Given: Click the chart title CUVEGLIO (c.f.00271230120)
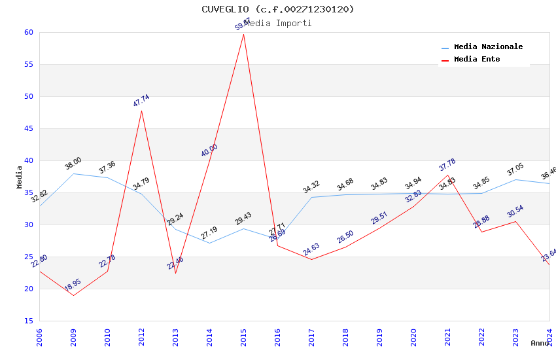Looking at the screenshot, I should point(278,9).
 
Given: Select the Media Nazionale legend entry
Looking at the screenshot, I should point(488,47).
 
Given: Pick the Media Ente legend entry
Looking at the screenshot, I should point(477,60).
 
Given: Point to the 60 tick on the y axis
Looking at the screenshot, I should point(27,32).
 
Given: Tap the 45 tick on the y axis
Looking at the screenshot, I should point(27,128).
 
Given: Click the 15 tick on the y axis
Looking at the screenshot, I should point(27,321).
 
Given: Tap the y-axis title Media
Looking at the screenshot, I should point(20,177).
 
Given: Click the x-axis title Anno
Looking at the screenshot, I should point(540,343).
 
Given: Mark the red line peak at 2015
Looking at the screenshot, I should point(243,33).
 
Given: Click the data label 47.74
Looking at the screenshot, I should point(141,101).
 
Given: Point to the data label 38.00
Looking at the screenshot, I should point(73,164).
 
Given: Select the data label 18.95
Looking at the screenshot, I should point(73,285).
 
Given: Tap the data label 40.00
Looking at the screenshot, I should point(209,151).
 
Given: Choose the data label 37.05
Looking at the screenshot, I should point(515,170).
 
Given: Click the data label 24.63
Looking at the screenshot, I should point(311,249).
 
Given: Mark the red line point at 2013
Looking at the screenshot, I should point(175,273).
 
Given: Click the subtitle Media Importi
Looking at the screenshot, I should point(278,24).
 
